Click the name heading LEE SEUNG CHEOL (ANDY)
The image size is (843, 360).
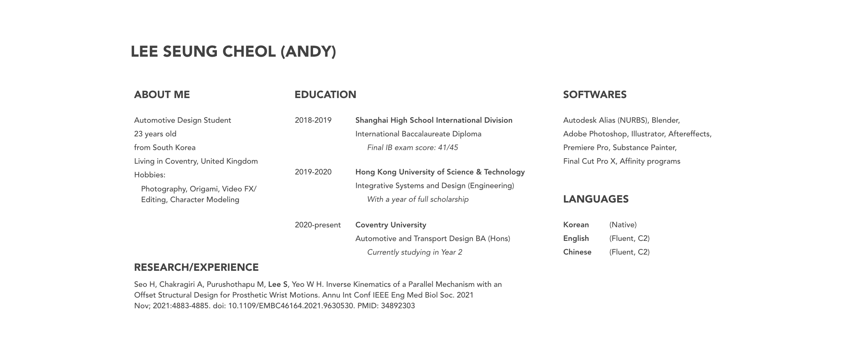[x=233, y=52]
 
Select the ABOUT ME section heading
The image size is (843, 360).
[x=162, y=95]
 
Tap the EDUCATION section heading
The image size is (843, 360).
[x=325, y=95]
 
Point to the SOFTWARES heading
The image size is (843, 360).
[x=595, y=95]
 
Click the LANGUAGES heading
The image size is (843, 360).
[x=595, y=199]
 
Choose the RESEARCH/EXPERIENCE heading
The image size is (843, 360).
[x=196, y=267]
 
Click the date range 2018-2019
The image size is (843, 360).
[x=313, y=120]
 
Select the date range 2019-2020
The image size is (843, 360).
[x=313, y=172]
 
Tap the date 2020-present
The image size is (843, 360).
[x=318, y=225]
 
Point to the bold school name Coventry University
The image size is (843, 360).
[x=390, y=225]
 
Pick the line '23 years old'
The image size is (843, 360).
[x=155, y=134]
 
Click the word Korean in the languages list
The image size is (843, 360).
[x=576, y=225]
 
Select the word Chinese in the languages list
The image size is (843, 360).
[x=577, y=252]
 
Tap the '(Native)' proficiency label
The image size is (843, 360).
[x=623, y=225]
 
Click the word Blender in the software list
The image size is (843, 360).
[x=665, y=120]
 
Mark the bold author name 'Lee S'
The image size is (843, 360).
[x=277, y=285]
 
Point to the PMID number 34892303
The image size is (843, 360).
[x=398, y=306]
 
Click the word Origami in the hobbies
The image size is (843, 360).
[x=205, y=189]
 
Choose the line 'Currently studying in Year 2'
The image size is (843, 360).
[x=415, y=252]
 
